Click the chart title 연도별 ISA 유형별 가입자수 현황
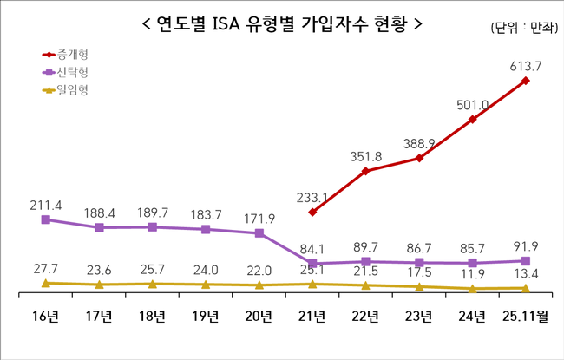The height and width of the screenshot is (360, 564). click(282, 23)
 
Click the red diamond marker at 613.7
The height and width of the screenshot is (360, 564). click(526, 81)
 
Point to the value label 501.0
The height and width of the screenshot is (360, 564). click(471, 105)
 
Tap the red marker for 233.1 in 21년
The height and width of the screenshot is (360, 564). click(312, 212)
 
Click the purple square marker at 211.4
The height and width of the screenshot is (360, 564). click(45, 219)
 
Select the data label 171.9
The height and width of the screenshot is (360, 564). click(260, 215)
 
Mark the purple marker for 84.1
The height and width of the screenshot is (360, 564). click(312, 264)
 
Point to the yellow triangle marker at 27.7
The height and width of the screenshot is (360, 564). click(45, 283)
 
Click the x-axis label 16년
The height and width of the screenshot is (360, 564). click(45, 316)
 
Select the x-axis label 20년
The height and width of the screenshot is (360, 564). click(259, 316)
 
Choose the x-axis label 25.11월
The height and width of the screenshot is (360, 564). click(526, 316)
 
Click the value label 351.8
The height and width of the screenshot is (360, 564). click(364, 157)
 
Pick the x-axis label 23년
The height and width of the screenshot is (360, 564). click(419, 316)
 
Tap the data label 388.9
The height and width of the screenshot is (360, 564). click(418, 142)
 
